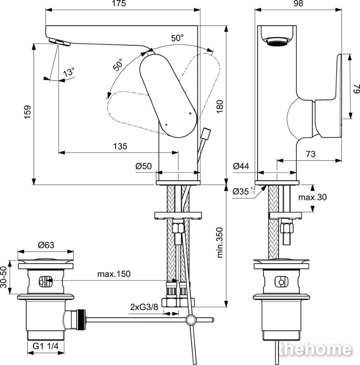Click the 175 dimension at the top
pyautogui.click(x=119, y=3)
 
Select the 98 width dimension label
pyautogui.click(x=299, y=3)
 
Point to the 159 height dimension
pyautogui.click(x=27, y=113)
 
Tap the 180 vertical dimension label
pyautogui.click(x=220, y=106)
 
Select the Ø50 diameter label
pyautogui.click(x=143, y=166)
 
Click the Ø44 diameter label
pyautogui.click(x=241, y=166)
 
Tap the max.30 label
pyautogui.click(x=313, y=197)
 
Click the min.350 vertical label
pyautogui.click(x=220, y=243)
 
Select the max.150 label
pyautogui.click(x=114, y=274)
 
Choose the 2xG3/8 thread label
pyautogui.click(x=144, y=307)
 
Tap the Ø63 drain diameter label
pyautogui.click(x=46, y=245)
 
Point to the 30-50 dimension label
pyautogui.click(x=3, y=277)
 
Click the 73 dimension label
pyautogui.click(x=311, y=154)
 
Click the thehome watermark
pyautogui.click(x=316, y=349)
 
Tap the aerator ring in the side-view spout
pyautogui.click(x=277, y=41)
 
